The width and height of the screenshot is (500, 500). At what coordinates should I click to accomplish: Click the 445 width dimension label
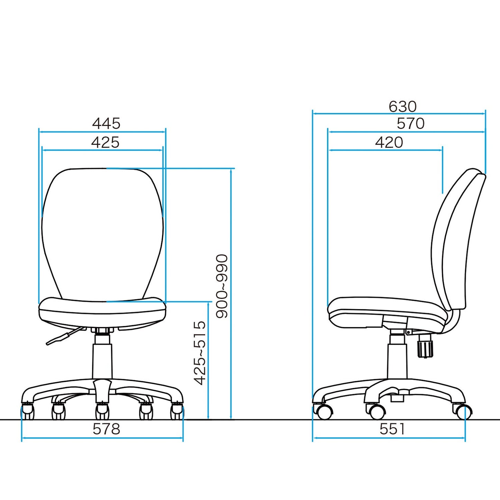(106, 124)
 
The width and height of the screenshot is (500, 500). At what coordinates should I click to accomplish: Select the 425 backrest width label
(105, 142)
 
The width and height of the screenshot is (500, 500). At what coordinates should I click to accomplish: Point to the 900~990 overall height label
(222, 286)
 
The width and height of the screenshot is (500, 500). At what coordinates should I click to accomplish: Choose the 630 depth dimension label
(402, 106)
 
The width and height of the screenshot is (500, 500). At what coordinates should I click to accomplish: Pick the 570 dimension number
(410, 124)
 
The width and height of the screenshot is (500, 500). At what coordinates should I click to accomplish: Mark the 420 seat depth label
(389, 142)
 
